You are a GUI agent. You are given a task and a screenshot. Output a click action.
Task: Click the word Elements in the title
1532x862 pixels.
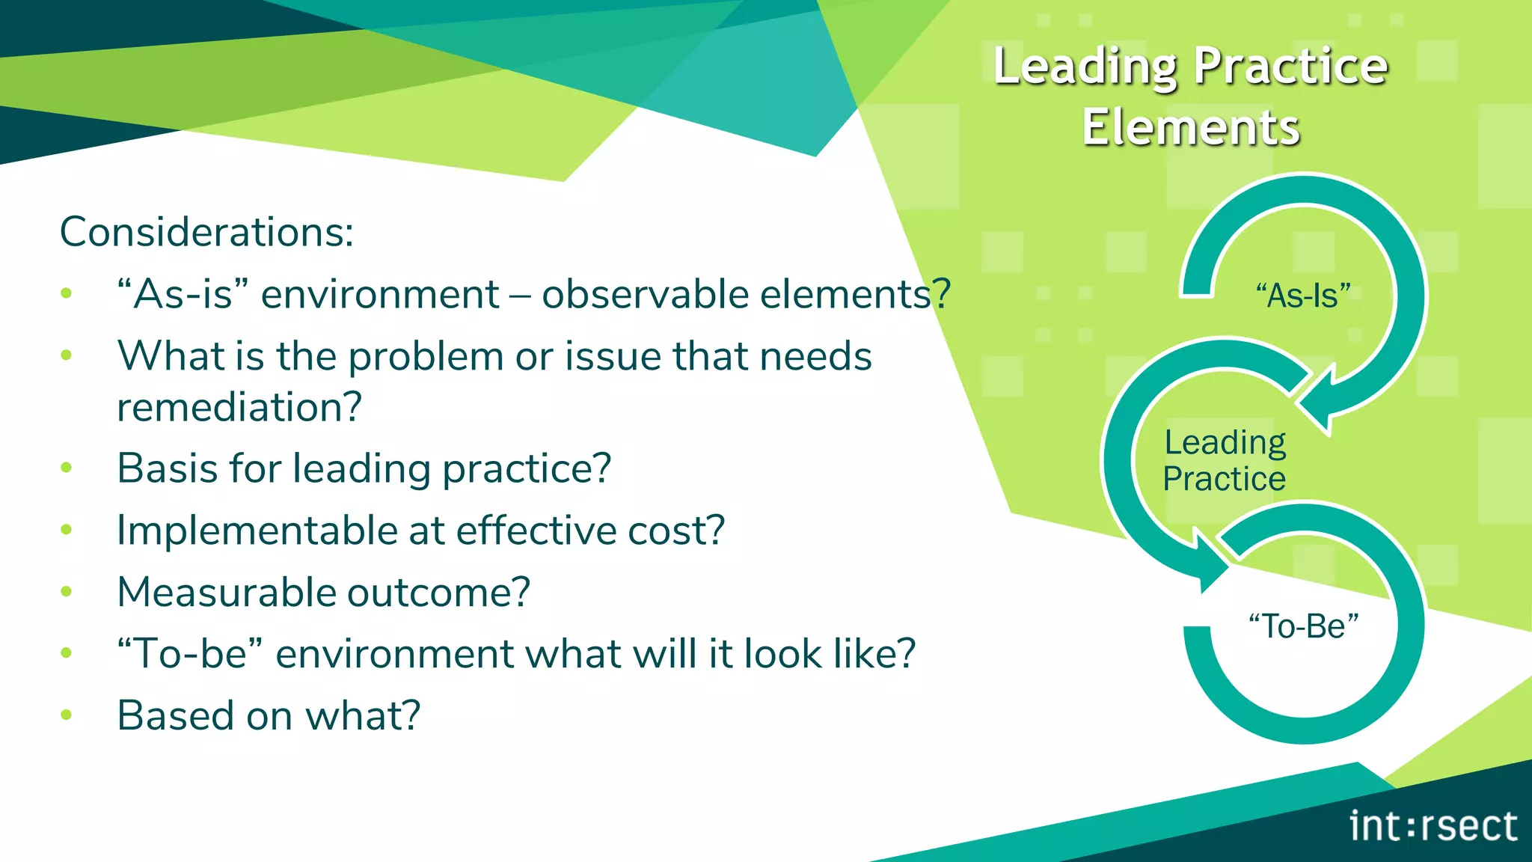(1190, 127)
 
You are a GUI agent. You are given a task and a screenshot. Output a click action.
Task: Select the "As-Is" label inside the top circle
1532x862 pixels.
(1303, 296)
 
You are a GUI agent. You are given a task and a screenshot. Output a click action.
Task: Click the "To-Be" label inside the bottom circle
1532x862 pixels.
(1303, 626)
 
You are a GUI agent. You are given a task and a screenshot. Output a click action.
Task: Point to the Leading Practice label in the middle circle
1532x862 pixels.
(1225, 460)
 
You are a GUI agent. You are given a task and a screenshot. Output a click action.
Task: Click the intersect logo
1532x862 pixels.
(1433, 826)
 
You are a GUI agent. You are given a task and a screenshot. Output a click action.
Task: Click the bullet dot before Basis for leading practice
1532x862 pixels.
(66, 468)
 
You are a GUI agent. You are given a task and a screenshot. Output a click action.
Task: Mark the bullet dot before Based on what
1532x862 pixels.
(66, 715)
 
